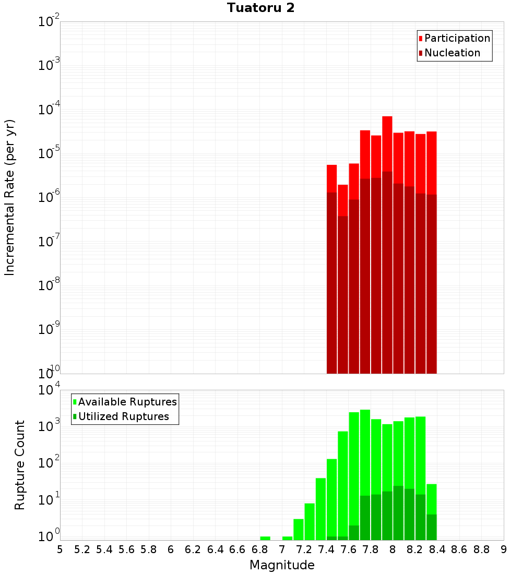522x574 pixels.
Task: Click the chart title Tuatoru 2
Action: (260, 8)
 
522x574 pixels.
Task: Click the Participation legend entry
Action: (457, 38)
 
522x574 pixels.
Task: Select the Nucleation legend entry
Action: (452, 53)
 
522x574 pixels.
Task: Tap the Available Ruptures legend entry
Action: (127, 402)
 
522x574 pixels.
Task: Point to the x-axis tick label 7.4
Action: (326, 549)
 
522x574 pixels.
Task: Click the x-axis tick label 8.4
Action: (437, 549)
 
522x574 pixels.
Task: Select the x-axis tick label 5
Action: (60, 549)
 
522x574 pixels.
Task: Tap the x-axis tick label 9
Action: (504, 549)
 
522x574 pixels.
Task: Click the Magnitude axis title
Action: (282, 565)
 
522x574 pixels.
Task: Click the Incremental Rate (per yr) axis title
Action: (10, 197)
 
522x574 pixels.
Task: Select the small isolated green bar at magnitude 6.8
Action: (265, 538)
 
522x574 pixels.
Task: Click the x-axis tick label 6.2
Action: (193, 549)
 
